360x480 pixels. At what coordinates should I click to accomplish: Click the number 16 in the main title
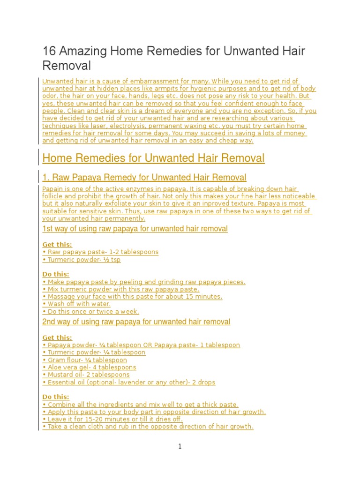49,51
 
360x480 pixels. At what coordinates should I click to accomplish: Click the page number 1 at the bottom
180,447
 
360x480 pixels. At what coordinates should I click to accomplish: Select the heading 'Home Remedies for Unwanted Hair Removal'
153,158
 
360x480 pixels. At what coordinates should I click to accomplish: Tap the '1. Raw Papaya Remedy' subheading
144,177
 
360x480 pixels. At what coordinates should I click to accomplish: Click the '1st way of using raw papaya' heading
135,229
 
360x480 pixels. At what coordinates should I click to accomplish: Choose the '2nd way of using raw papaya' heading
136,322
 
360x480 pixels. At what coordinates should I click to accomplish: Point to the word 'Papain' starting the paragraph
52,188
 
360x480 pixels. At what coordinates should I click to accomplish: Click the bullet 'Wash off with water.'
76,304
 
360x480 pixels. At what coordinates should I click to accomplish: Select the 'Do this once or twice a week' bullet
90,311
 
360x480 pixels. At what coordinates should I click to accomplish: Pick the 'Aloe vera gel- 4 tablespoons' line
89,367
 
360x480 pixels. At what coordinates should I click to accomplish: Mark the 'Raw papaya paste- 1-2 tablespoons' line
100,252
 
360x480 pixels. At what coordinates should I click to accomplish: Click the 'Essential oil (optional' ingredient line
129,382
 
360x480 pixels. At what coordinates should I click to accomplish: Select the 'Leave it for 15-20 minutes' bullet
112,419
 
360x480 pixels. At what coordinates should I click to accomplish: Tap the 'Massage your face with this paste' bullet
132,296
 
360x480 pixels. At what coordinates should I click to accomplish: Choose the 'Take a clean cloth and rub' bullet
148,427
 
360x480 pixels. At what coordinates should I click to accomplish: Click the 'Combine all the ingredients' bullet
140,404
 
